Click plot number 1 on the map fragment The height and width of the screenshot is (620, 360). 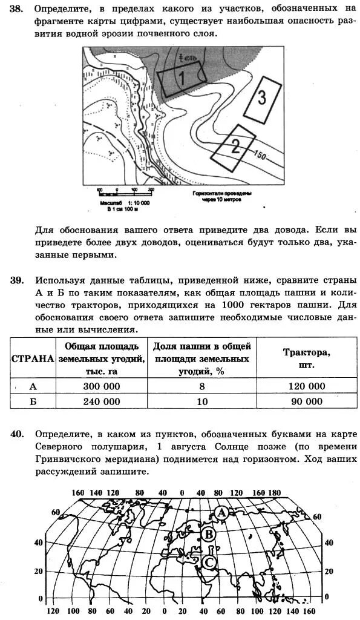(x=182, y=77)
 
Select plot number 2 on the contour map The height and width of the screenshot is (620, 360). (x=235, y=146)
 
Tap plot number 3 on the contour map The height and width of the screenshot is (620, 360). (x=262, y=97)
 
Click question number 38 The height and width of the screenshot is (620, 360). (x=17, y=10)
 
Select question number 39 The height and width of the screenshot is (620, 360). (x=17, y=280)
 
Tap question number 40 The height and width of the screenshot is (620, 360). (x=17, y=434)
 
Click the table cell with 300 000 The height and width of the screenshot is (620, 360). (x=101, y=386)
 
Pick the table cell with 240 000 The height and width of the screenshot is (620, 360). (x=101, y=401)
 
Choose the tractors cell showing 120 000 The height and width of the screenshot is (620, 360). (x=303, y=386)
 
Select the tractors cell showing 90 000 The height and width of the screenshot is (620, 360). (x=303, y=401)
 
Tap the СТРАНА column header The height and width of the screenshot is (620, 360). (x=33, y=358)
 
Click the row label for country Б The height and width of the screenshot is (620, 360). (x=33, y=401)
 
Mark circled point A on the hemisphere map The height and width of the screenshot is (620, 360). (x=222, y=513)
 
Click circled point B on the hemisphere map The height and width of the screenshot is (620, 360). (x=209, y=534)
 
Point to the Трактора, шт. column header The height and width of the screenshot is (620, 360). (x=306, y=358)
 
